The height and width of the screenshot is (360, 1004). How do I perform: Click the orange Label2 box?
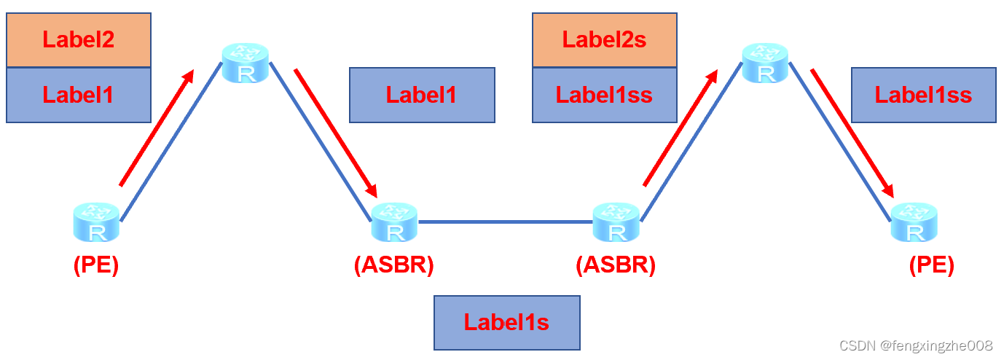point(79,39)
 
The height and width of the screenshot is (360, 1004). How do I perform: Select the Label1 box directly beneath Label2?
point(79,95)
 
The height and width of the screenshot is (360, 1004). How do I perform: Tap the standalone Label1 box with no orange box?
point(422,95)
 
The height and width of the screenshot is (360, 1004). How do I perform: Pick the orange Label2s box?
point(604,39)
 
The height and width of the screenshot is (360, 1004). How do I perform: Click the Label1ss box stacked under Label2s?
point(604,95)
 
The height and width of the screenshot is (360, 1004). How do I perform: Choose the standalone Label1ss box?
point(923,95)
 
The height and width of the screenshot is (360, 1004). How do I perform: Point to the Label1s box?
point(506,322)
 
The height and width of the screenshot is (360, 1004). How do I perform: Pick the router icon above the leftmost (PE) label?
point(96,222)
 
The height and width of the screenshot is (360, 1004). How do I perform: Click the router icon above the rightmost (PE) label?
point(914,222)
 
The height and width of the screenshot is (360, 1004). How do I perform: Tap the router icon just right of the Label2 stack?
point(246,63)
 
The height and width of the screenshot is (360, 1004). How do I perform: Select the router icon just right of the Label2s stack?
point(765,63)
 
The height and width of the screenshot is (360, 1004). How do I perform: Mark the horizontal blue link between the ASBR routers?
point(506,222)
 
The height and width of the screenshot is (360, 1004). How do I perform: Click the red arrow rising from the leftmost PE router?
point(157,128)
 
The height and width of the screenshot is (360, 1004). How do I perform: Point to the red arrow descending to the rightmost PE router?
point(852,133)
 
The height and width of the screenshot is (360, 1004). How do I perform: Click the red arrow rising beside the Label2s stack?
point(680,128)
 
